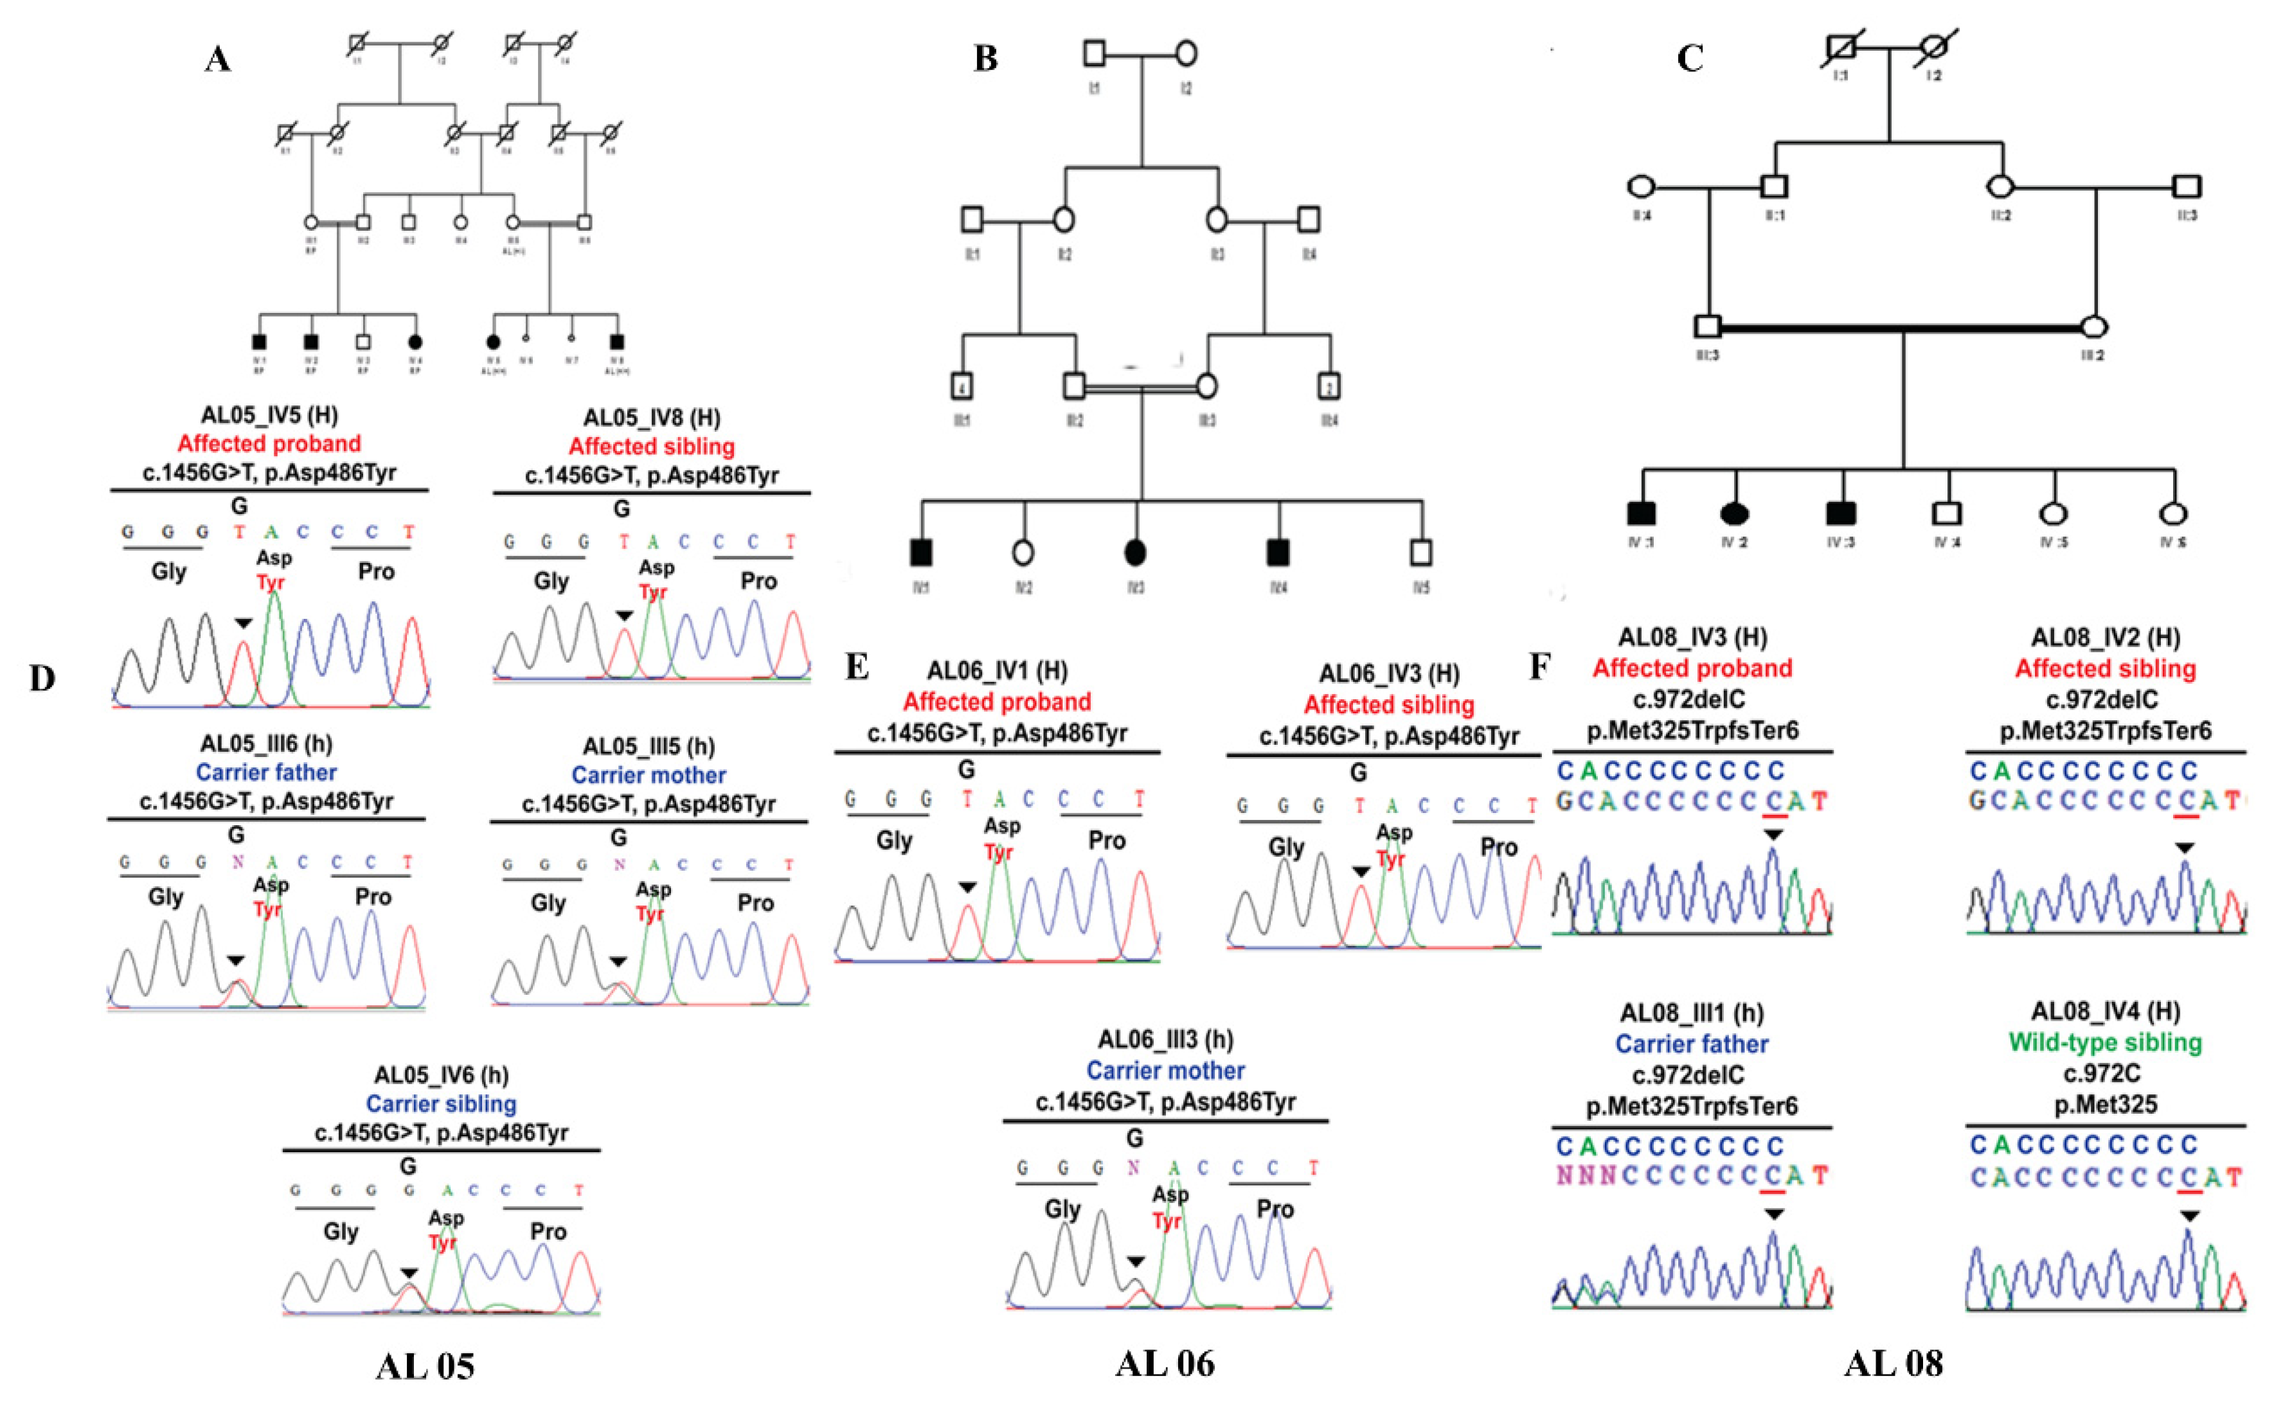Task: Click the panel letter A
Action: pos(217,58)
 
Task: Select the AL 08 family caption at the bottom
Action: pos(1894,1363)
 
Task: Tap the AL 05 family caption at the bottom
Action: pos(425,1365)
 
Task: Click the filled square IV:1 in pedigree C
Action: pos(1641,513)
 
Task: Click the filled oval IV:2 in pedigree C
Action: pos(1734,513)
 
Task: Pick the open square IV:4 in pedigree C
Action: pos(1946,513)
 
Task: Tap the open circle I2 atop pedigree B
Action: pos(1186,53)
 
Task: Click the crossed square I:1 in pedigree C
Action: pos(1840,48)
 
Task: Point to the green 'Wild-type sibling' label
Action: pos(2105,1042)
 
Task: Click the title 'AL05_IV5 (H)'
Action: pos(269,415)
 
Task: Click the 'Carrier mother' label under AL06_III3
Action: pos(1165,1071)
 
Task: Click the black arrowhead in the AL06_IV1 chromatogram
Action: pos(968,887)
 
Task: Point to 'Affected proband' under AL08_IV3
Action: pos(1692,668)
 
